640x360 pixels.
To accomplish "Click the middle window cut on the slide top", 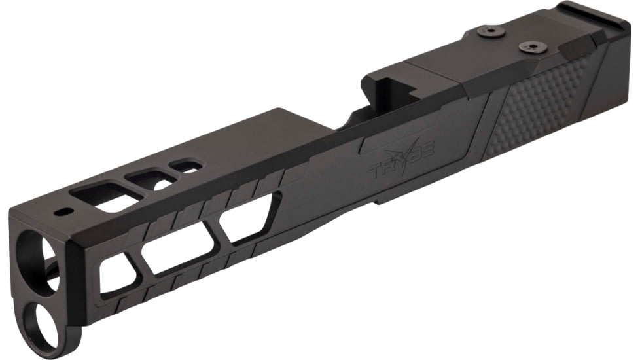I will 152,179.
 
